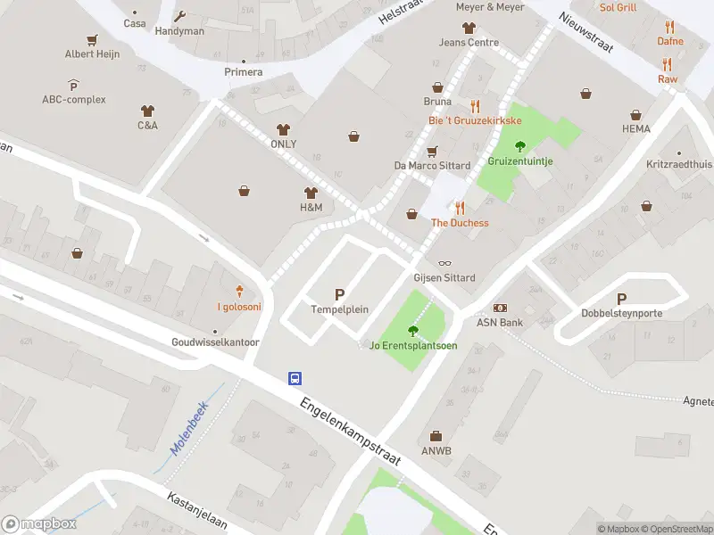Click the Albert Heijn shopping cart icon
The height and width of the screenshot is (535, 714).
(x=92, y=40)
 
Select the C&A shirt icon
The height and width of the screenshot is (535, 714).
(x=147, y=111)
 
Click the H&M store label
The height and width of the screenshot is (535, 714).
(x=311, y=207)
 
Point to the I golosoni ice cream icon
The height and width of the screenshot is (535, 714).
(x=239, y=291)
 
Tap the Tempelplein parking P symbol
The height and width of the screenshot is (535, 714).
(x=339, y=294)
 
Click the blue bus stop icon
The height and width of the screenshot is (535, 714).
(x=294, y=378)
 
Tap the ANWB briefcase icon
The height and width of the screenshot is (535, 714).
(x=436, y=436)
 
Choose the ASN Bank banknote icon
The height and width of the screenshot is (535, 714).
(x=499, y=308)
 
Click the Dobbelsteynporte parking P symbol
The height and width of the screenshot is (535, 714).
(x=621, y=299)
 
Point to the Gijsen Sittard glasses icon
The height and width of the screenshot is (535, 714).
(x=445, y=263)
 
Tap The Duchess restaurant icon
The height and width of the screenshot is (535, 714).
(x=460, y=208)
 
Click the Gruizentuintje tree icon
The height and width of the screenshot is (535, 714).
(x=520, y=146)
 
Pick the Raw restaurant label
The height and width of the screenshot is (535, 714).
(x=667, y=79)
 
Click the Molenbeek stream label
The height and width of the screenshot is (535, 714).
(x=185, y=425)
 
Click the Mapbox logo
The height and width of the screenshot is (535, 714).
(x=39, y=523)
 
